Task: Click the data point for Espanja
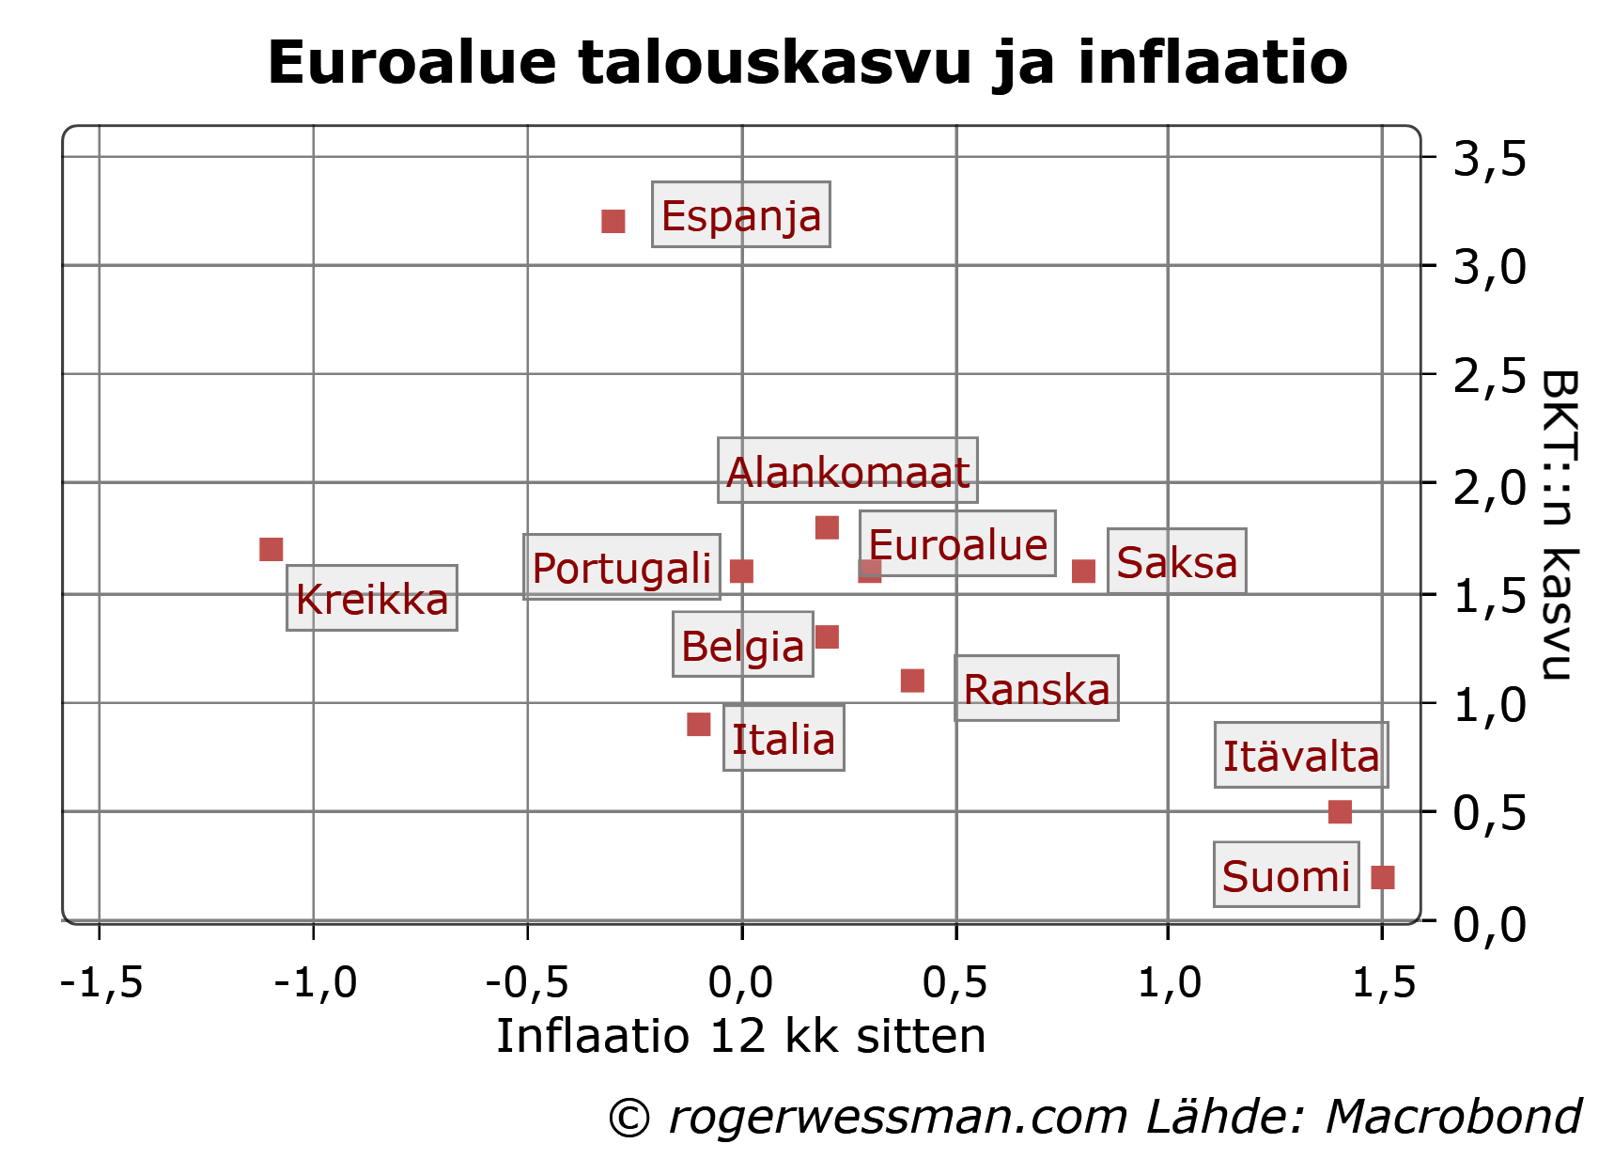click(613, 222)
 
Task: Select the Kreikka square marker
click(272, 549)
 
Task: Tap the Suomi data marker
click(1383, 877)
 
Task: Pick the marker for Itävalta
click(1341, 811)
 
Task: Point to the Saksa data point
click(1084, 571)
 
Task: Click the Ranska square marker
click(912, 681)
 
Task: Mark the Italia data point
click(698, 725)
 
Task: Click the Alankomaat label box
click(847, 470)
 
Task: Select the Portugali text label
click(622, 567)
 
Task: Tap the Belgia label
click(743, 645)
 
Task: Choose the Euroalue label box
click(957, 544)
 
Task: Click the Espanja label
click(741, 214)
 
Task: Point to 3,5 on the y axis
click(1489, 158)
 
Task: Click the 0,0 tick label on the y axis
click(1489, 923)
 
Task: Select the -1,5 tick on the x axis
click(101, 982)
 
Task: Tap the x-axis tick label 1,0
click(1169, 982)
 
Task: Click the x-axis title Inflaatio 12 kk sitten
click(741, 1036)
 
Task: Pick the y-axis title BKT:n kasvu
click(1558, 525)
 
